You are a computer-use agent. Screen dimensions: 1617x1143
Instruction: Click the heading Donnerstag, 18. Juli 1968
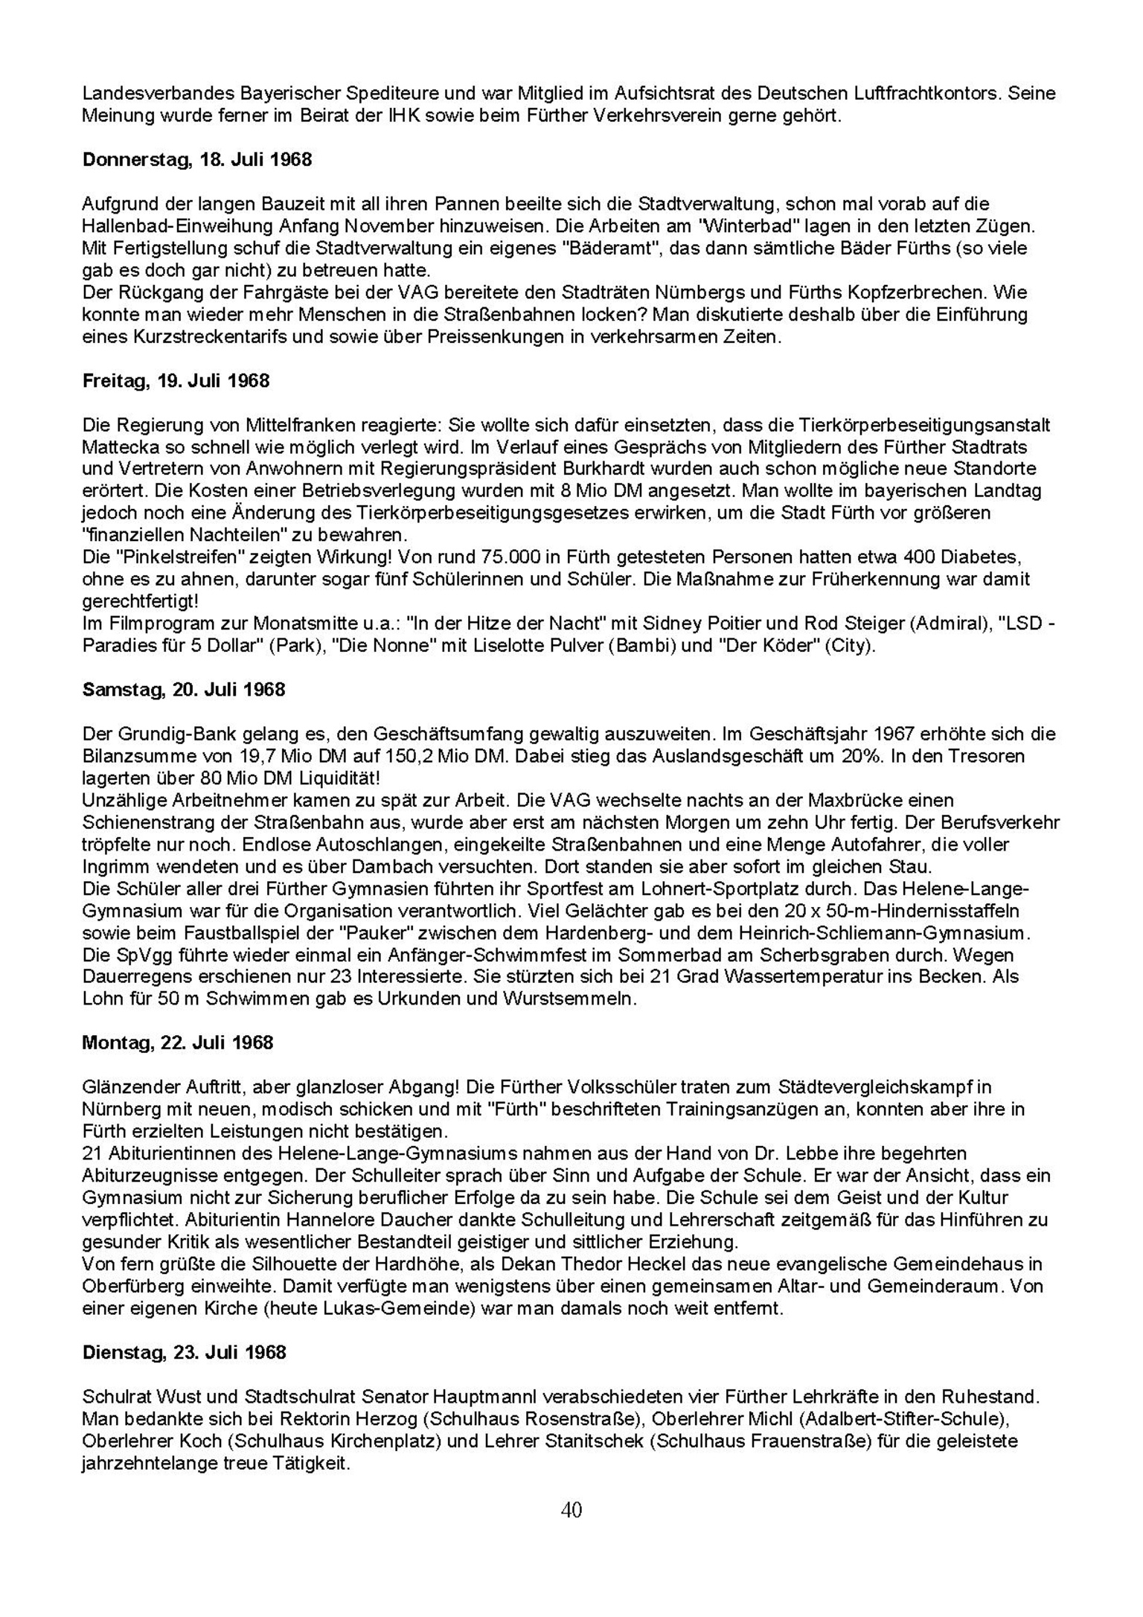coord(196,160)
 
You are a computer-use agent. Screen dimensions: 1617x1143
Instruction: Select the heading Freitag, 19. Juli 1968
coord(176,381)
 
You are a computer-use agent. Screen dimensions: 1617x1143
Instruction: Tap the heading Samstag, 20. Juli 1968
coord(183,690)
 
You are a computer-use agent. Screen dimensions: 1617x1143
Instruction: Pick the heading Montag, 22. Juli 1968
coord(177,1043)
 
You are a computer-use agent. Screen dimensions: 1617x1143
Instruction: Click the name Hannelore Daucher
coord(376,1220)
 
